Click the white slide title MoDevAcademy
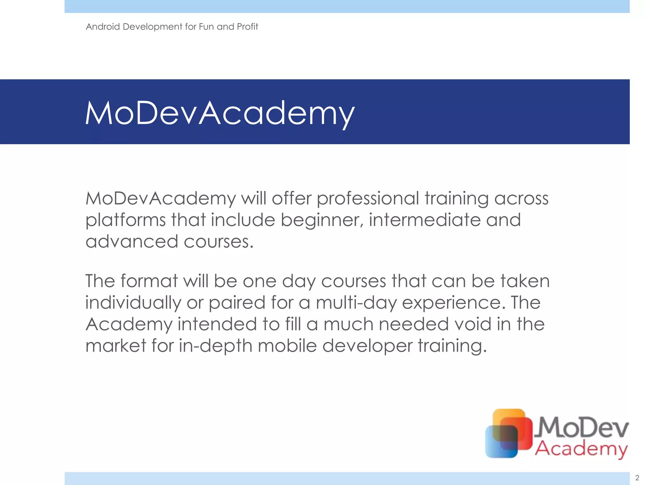point(220,113)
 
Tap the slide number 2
point(637,478)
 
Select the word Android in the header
point(103,27)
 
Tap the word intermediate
point(424,220)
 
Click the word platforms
point(125,220)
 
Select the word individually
point(133,303)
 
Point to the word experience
point(451,303)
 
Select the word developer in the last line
point(367,346)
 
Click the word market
point(116,346)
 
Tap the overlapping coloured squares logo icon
point(508,433)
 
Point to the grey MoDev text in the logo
point(583,427)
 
